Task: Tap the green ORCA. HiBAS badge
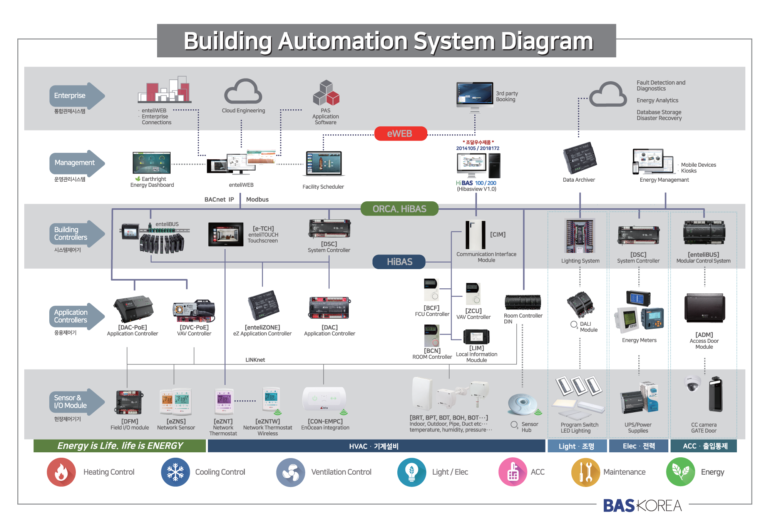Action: [399, 209]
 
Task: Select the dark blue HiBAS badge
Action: [399, 262]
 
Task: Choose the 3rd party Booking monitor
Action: [475, 95]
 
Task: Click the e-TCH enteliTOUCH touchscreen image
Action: [226, 234]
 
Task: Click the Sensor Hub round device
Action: [523, 404]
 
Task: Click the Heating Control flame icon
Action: [61, 472]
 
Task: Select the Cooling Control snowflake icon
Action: [176, 472]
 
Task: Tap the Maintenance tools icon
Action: [586, 472]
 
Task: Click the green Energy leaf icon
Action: [680, 472]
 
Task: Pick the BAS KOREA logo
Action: [642, 505]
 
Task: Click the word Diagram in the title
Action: [547, 41]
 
